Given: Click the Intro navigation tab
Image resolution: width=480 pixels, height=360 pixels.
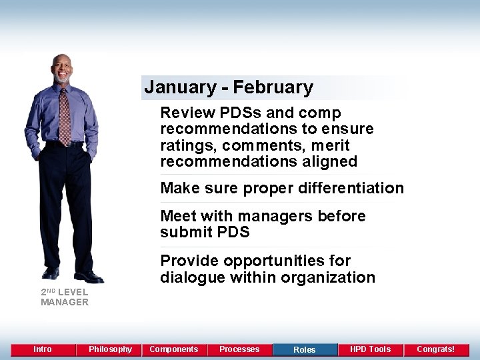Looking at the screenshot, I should click(x=43, y=349).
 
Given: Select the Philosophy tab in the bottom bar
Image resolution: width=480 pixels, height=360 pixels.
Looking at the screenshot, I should click(x=110, y=349).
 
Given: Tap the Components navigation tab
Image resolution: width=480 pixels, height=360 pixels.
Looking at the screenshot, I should click(x=173, y=349).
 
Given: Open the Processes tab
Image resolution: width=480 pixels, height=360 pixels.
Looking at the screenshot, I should click(x=239, y=349).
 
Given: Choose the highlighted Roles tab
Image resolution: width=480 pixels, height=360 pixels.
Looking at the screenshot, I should click(x=305, y=349).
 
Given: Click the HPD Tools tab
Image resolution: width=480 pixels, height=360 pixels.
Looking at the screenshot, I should click(x=370, y=349).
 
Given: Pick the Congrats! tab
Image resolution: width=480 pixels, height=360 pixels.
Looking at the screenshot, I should click(x=435, y=349).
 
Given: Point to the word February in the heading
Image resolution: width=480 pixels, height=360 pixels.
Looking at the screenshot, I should click(x=273, y=87).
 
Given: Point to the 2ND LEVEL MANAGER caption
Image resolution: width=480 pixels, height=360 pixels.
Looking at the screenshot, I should click(x=64, y=297).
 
